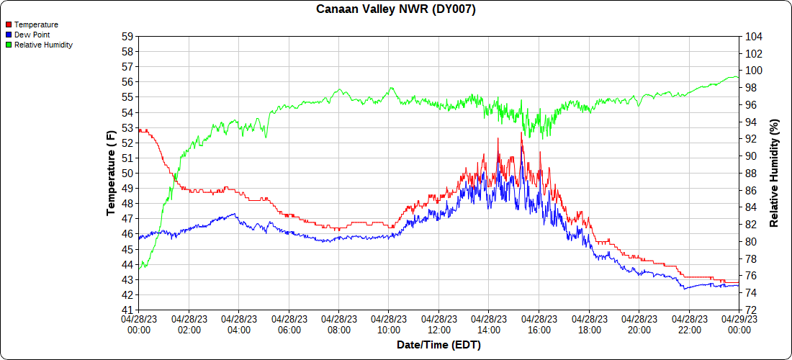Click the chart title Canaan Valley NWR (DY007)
click(x=396, y=9)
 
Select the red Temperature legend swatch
click(x=8, y=24)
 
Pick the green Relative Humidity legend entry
click(x=43, y=45)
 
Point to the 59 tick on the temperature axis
click(x=128, y=36)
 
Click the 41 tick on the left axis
click(x=128, y=310)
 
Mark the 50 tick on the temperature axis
click(x=128, y=174)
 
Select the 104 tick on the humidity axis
click(x=753, y=36)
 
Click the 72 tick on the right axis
click(x=750, y=310)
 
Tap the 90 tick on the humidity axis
click(x=750, y=156)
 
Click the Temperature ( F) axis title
click(x=111, y=173)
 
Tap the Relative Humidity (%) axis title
click(x=775, y=173)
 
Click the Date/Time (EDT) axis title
click(x=438, y=346)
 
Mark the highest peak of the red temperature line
click(x=521, y=132)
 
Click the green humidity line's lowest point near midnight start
click(x=143, y=268)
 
